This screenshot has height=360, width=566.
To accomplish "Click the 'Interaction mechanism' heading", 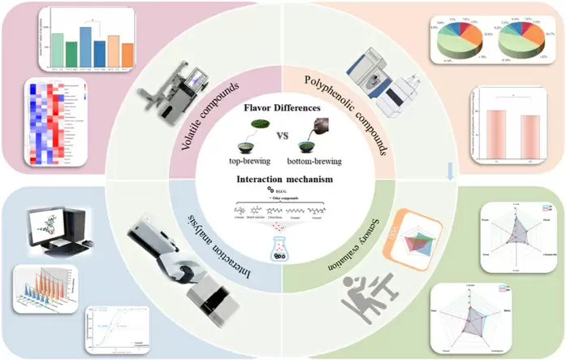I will point(283,179).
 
